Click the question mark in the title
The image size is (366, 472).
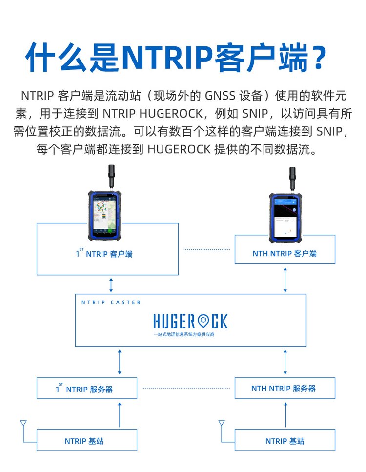coord(318,58)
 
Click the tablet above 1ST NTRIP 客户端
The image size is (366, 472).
coord(103,217)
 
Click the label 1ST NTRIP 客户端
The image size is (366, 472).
coord(104,254)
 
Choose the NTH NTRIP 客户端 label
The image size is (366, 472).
coord(285,254)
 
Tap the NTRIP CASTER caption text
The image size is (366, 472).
coord(111,303)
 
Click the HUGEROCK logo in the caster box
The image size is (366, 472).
coord(190,321)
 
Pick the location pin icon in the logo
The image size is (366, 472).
coord(203,321)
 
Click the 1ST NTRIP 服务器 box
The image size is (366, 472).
coord(86,389)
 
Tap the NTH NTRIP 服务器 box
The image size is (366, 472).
coord(285,389)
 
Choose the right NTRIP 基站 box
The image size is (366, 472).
coord(285,441)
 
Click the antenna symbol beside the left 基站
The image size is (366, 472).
coord(23,424)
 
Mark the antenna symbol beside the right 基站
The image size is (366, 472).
coord(222,424)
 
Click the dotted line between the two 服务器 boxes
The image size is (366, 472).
coord(185,389)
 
